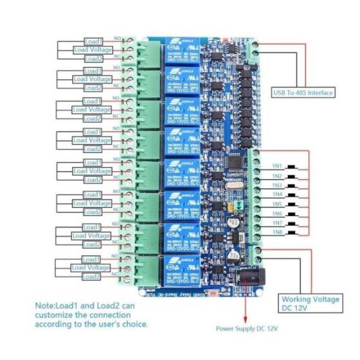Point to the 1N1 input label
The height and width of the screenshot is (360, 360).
click(277, 166)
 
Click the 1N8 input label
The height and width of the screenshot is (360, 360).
click(277, 232)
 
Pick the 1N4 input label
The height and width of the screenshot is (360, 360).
click(277, 194)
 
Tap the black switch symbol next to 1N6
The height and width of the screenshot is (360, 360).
click(292, 213)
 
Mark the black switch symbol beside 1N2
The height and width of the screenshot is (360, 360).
click(292, 176)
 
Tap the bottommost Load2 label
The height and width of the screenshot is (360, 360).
click(93, 276)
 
